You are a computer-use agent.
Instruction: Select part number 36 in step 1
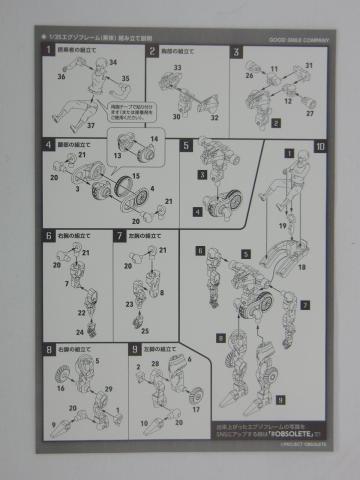pos(60,76)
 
